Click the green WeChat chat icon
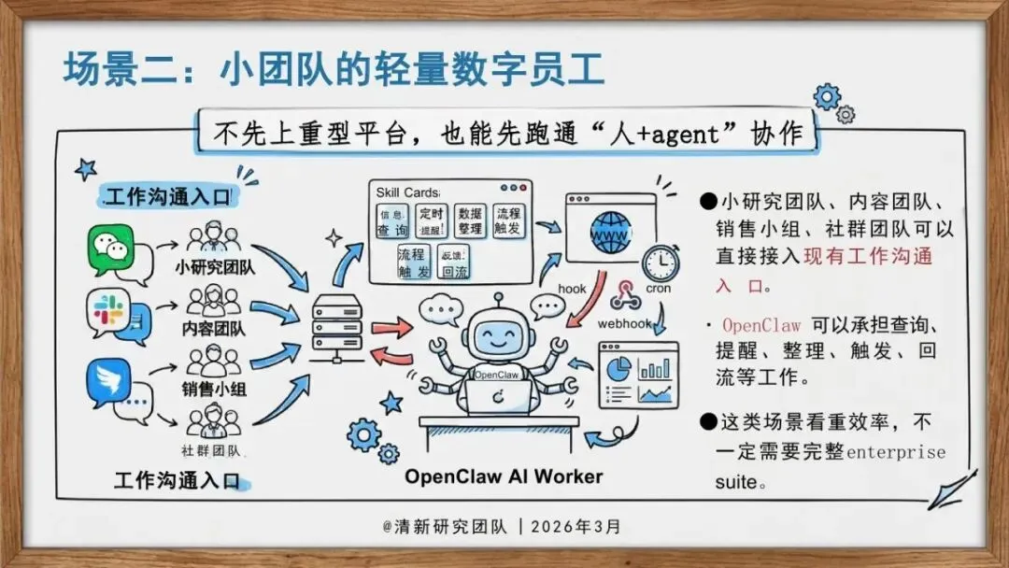112,248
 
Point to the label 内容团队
214,329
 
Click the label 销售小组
214,389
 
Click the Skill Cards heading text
407,192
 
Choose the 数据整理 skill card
472,221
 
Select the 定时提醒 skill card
432,221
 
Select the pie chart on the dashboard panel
617,368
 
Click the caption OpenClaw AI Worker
504,476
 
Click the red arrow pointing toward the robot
391,328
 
